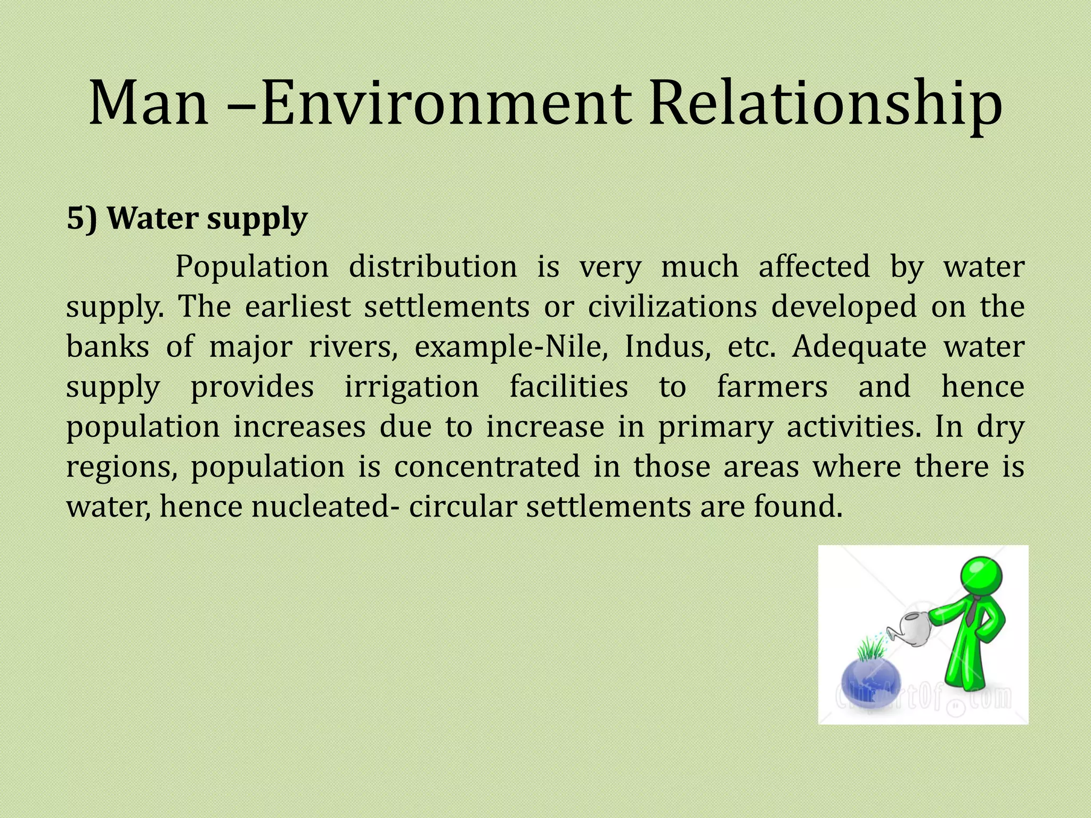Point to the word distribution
(x=433, y=266)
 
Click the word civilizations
(x=672, y=306)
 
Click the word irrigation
(x=411, y=386)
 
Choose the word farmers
(x=772, y=386)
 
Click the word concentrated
(x=486, y=467)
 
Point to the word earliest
(x=298, y=306)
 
